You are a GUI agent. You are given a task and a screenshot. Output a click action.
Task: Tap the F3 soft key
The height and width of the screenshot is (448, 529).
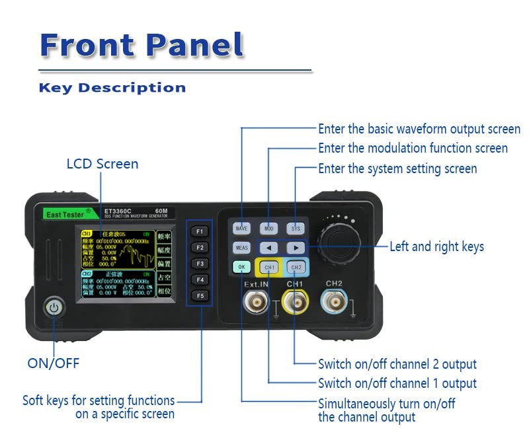(199, 264)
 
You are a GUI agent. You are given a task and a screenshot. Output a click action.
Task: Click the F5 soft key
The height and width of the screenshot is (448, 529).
(199, 295)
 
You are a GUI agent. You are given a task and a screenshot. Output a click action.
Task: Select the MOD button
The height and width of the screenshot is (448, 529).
(268, 229)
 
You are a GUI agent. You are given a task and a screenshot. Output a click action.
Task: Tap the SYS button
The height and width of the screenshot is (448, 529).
(296, 229)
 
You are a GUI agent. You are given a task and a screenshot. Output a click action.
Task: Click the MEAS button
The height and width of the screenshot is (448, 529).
(242, 248)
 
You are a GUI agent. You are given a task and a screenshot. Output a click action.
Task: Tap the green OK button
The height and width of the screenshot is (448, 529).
(242, 268)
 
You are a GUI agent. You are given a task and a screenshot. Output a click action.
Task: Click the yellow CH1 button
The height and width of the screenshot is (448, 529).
(269, 268)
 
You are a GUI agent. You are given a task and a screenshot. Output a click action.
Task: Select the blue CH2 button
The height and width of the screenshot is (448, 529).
(296, 268)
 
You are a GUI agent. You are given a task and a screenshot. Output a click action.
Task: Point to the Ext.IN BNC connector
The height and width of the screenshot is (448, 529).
(255, 303)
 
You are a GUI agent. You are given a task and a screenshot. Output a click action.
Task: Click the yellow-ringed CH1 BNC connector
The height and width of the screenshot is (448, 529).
(294, 303)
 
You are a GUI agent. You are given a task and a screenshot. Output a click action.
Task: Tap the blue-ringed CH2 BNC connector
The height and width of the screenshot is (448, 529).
(334, 303)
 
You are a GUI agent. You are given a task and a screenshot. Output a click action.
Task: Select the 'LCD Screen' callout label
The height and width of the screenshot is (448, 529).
(102, 164)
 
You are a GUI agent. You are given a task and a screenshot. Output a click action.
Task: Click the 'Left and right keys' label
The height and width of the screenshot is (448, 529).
(436, 247)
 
